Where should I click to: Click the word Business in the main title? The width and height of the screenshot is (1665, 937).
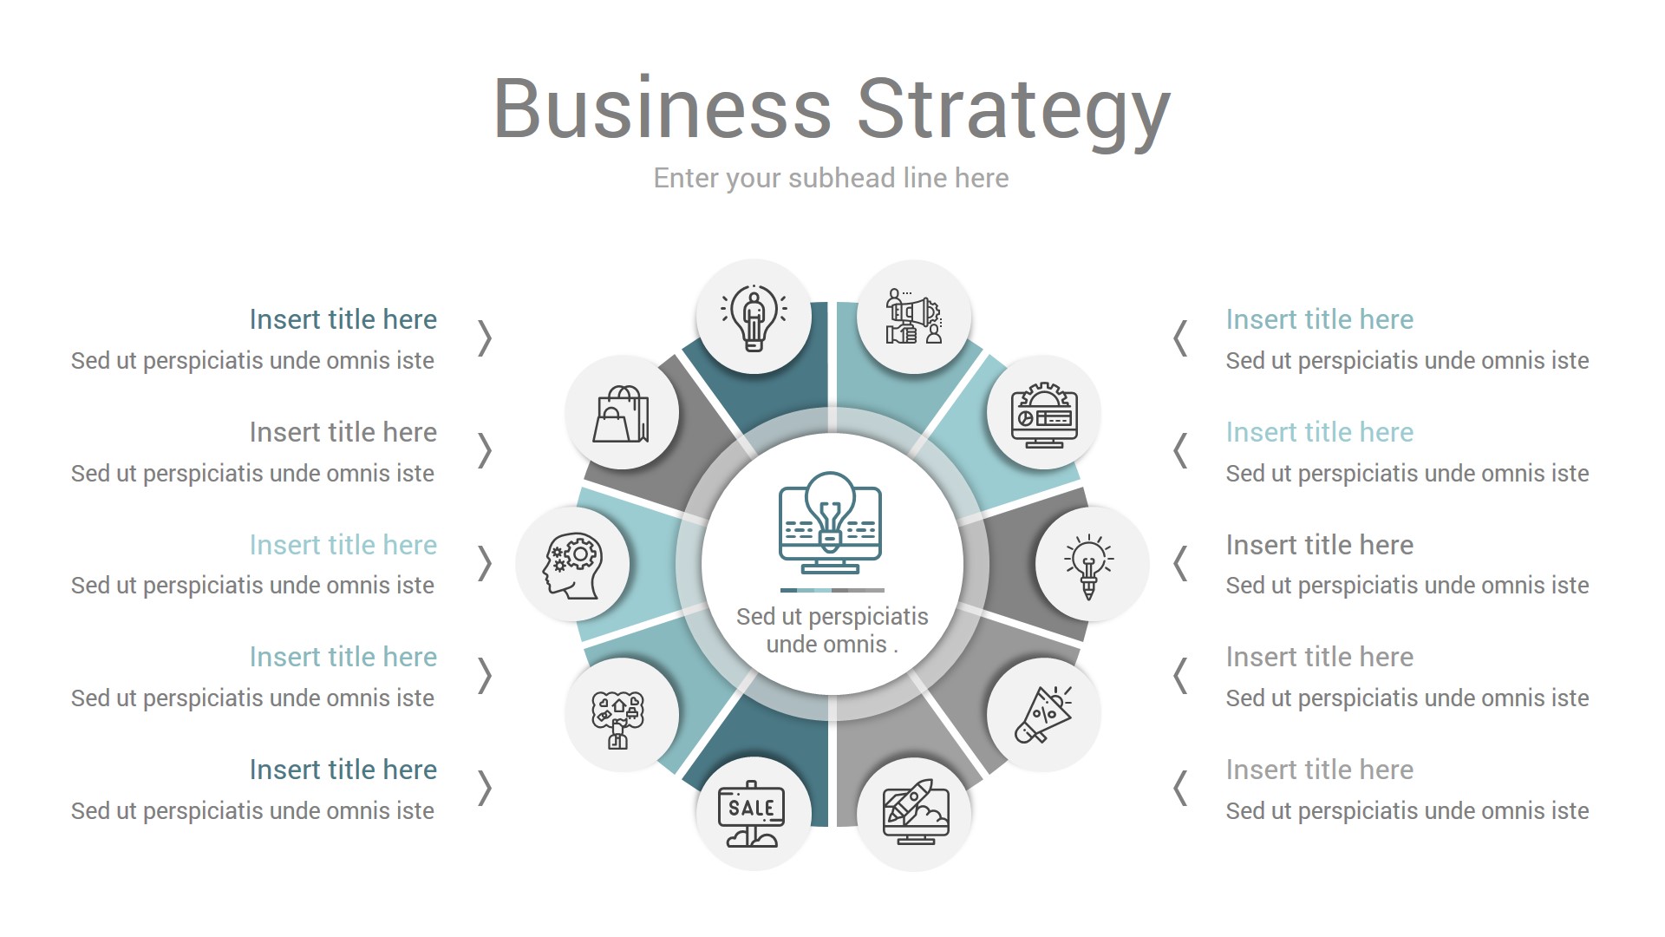[x=663, y=109]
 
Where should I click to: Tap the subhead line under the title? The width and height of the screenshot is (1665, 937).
[x=831, y=178]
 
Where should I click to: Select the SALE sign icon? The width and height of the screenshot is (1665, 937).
[x=752, y=813]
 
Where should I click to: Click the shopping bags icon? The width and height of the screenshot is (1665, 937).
[x=621, y=414]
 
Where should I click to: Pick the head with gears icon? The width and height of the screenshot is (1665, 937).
[x=571, y=565]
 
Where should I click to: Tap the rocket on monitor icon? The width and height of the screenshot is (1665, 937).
[x=915, y=813]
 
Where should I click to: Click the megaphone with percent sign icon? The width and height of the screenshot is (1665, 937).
[x=1044, y=714]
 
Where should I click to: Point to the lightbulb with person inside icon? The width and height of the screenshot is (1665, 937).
[x=754, y=318]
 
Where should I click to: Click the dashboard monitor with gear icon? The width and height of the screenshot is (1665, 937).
[x=1044, y=414]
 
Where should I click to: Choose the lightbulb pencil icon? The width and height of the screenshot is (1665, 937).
[x=1089, y=565]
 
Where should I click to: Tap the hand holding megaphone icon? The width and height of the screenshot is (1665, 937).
[x=913, y=318]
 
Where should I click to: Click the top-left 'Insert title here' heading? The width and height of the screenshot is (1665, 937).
[x=343, y=319]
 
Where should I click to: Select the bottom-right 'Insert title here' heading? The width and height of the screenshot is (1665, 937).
[x=1319, y=770]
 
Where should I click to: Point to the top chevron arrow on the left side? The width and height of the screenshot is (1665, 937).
[x=485, y=338]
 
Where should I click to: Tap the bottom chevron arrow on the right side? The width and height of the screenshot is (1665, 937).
[x=1180, y=789]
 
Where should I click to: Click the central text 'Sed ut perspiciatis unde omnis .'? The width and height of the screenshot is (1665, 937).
[x=832, y=631]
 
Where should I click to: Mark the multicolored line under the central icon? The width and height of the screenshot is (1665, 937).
[x=832, y=590]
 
